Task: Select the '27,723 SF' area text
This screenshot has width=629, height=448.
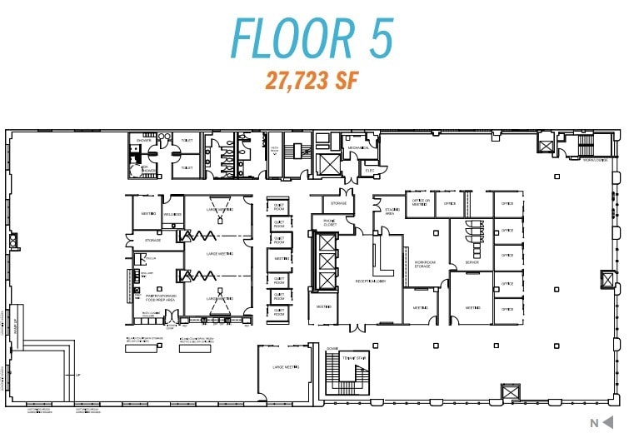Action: [312, 81]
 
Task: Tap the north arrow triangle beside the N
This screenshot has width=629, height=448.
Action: [611, 422]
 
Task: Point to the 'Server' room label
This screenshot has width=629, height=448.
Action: [472, 263]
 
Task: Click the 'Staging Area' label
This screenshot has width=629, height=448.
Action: [389, 211]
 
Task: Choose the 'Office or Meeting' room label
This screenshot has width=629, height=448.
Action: [419, 202]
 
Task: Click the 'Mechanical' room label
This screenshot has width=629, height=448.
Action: [358, 148]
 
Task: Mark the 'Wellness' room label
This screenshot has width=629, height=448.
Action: [172, 215]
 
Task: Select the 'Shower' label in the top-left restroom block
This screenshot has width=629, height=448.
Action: [143, 141]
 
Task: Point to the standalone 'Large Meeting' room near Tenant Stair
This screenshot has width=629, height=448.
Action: [285, 366]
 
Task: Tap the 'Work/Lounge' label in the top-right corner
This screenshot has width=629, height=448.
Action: [594, 160]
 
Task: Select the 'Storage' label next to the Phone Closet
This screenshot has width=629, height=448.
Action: [338, 202]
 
